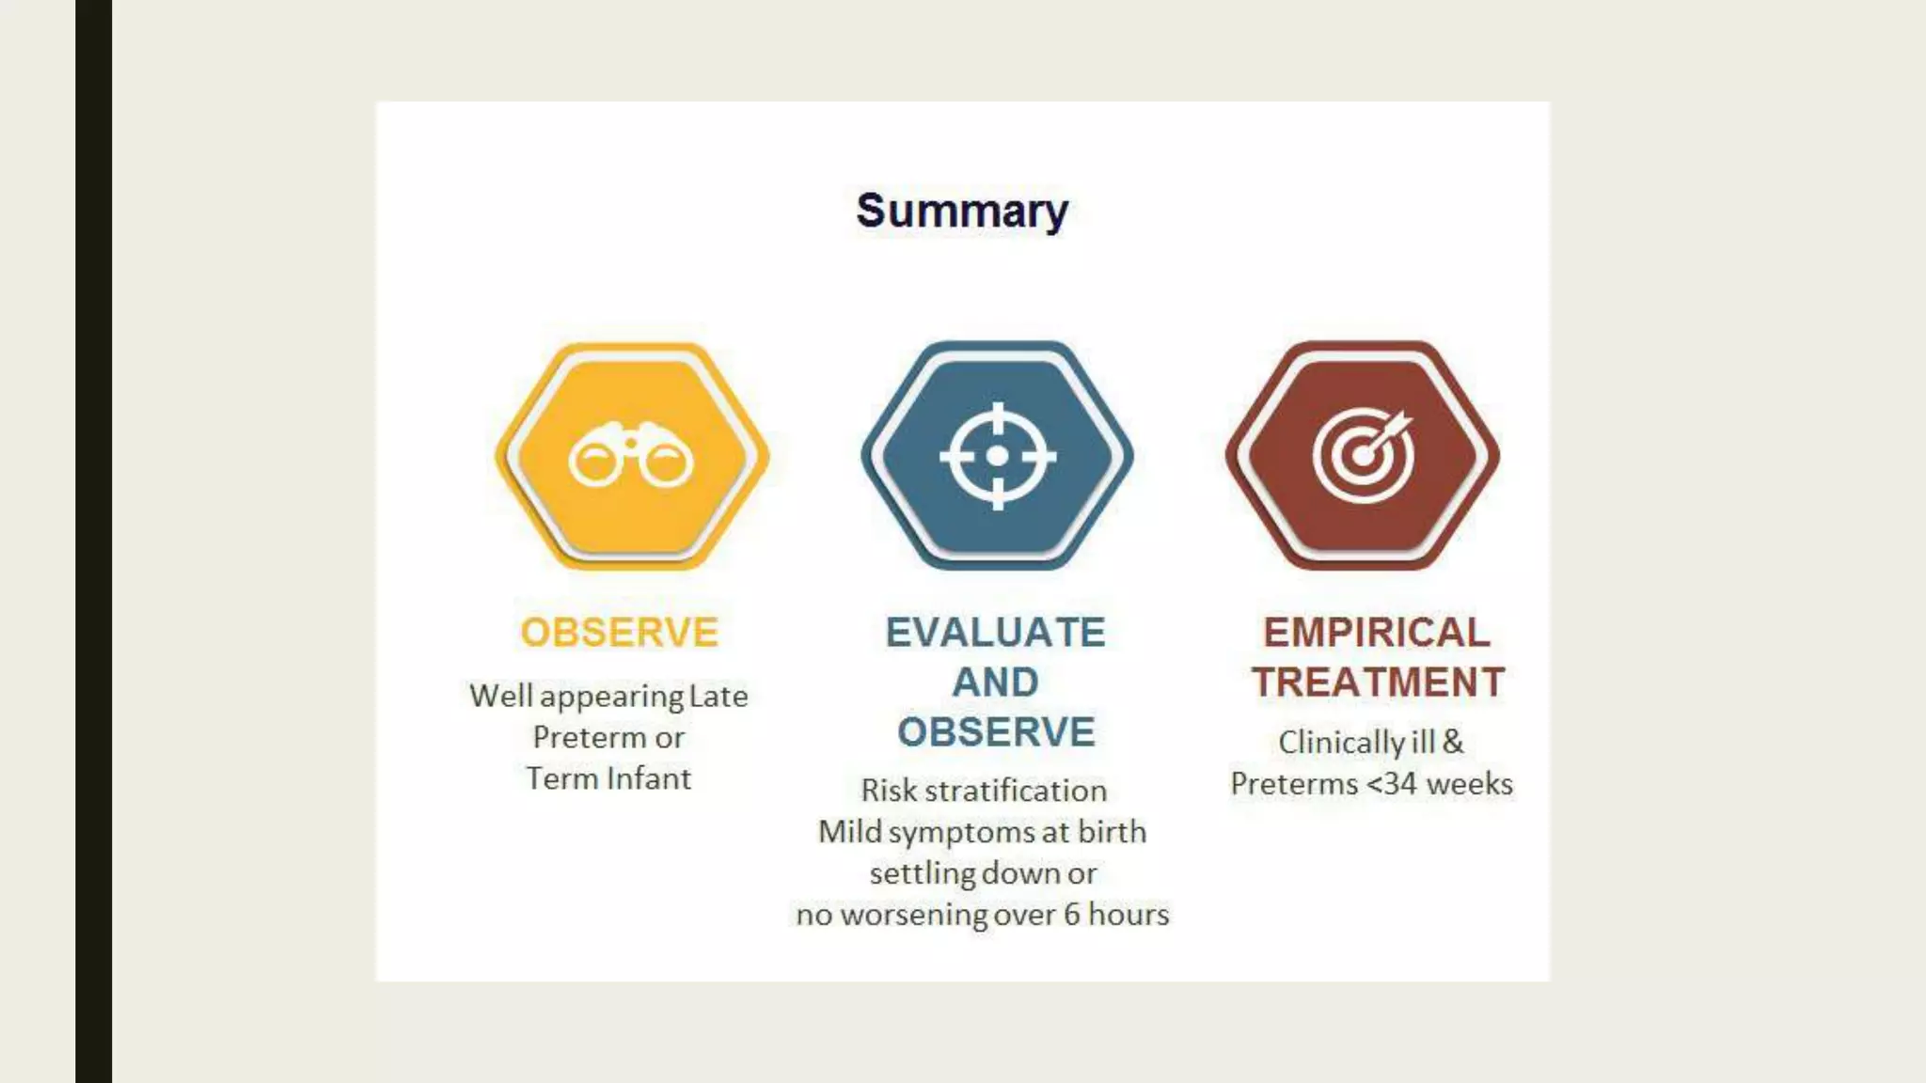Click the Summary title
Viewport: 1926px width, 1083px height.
pyautogui.click(x=961, y=211)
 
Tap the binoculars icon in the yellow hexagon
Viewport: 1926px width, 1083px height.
pyautogui.click(x=631, y=456)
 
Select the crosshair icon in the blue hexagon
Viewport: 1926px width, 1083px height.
pyautogui.click(x=997, y=456)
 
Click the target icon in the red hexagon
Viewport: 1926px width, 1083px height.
pyautogui.click(x=1363, y=456)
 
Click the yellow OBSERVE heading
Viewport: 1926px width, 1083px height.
pyautogui.click(x=619, y=633)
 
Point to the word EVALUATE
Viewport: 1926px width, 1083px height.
pyautogui.click(x=995, y=633)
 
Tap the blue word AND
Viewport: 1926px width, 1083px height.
pyautogui.click(x=995, y=683)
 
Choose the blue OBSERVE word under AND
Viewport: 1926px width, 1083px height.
pyautogui.click(x=995, y=732)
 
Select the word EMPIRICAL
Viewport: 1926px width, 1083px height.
pyautogui.click(x=1376, y=633)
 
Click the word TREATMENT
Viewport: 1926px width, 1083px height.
pyautogui.click(x=1378, y=683)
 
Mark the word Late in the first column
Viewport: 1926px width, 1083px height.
pyautogui.click(x=718, y=697)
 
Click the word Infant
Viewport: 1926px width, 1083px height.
pyautogui.click(x=648, y=779)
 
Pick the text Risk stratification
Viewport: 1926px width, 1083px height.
pyautogui.click(x=983, y=791)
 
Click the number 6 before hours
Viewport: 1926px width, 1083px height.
pyautogui.click(x=1071, y=915)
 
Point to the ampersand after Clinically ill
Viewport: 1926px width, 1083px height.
pyautogui.click(x=1453, y=742)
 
